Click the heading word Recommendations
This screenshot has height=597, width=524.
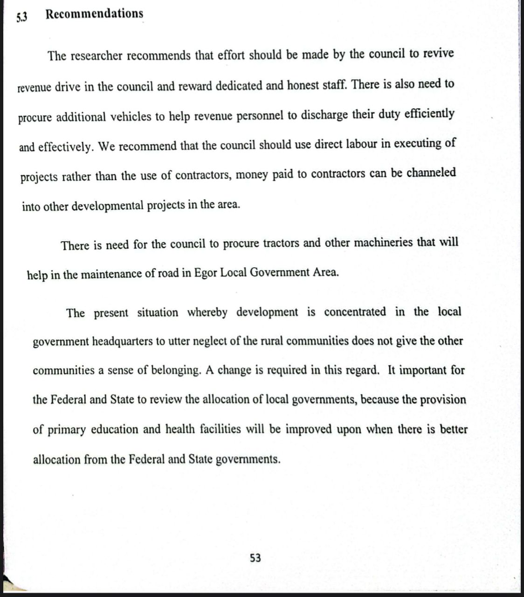coord(94,14)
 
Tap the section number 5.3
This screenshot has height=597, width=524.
coord(22,17)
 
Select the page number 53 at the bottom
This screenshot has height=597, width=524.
coord(255,557)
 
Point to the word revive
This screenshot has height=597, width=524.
coord(438,53)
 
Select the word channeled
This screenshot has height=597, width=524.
coord(431,173)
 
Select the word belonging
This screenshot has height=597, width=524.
coord(178,370)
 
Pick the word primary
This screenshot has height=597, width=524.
coord(66,430)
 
